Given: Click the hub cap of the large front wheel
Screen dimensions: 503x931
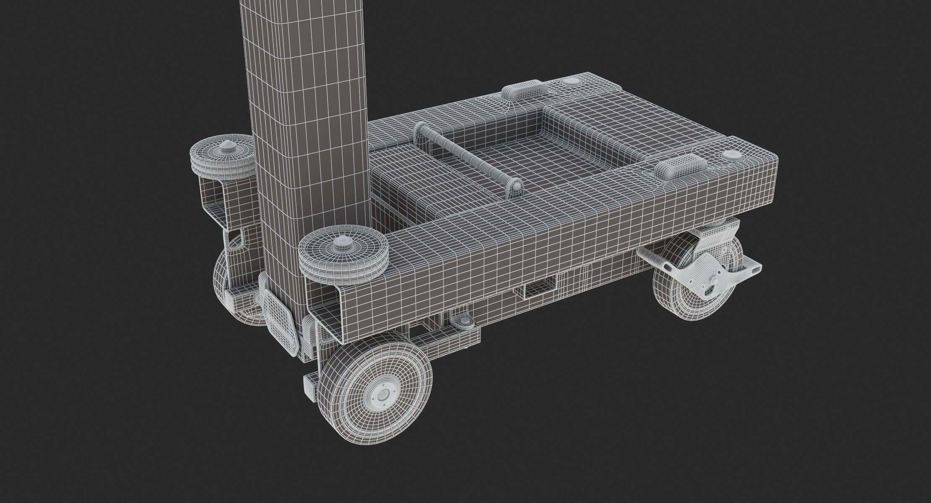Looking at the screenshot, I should pos(382,394).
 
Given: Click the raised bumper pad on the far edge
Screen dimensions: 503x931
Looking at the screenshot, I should pos(524,92).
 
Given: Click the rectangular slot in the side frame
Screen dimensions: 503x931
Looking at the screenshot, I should pos(540,289).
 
